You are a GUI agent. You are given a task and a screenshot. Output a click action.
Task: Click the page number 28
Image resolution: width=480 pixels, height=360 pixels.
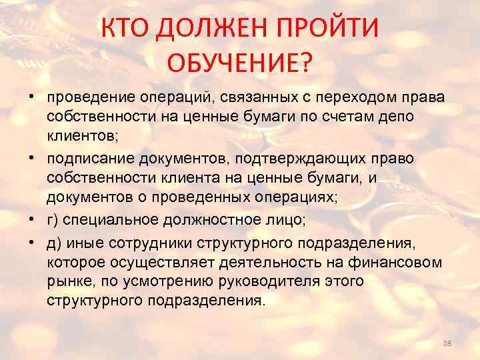click(x=447, y=343)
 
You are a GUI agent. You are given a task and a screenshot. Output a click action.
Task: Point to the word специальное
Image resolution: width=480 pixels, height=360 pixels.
click(x=115, y=221)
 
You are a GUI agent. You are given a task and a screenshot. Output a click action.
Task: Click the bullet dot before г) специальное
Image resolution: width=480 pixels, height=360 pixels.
click(x=32, y=221)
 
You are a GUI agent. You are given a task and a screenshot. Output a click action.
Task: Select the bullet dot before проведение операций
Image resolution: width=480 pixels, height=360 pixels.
click(x=32, y=99)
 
